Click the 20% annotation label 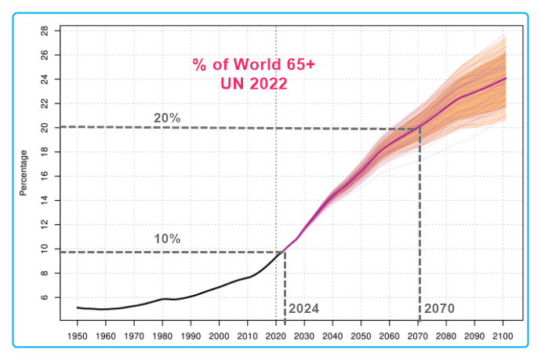[x=167, y=118]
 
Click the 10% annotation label [x=167, y=238]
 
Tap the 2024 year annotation [x=304, y=308]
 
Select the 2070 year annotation [x=439, y=308]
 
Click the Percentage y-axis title [x=24, y=173]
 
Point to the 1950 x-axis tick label [x=77, y=335]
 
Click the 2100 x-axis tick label [x=502, y=335]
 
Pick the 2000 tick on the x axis [x=219, y=335]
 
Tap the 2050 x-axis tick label [x=361, y=335]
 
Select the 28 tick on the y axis [x=45, y=31]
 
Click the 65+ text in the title [x=293, y=64]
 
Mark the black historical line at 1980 [x=162, y=299]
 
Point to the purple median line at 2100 [x=505, y=78]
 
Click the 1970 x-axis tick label [x=133, y=335]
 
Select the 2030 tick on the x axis [x=303, y=335]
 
